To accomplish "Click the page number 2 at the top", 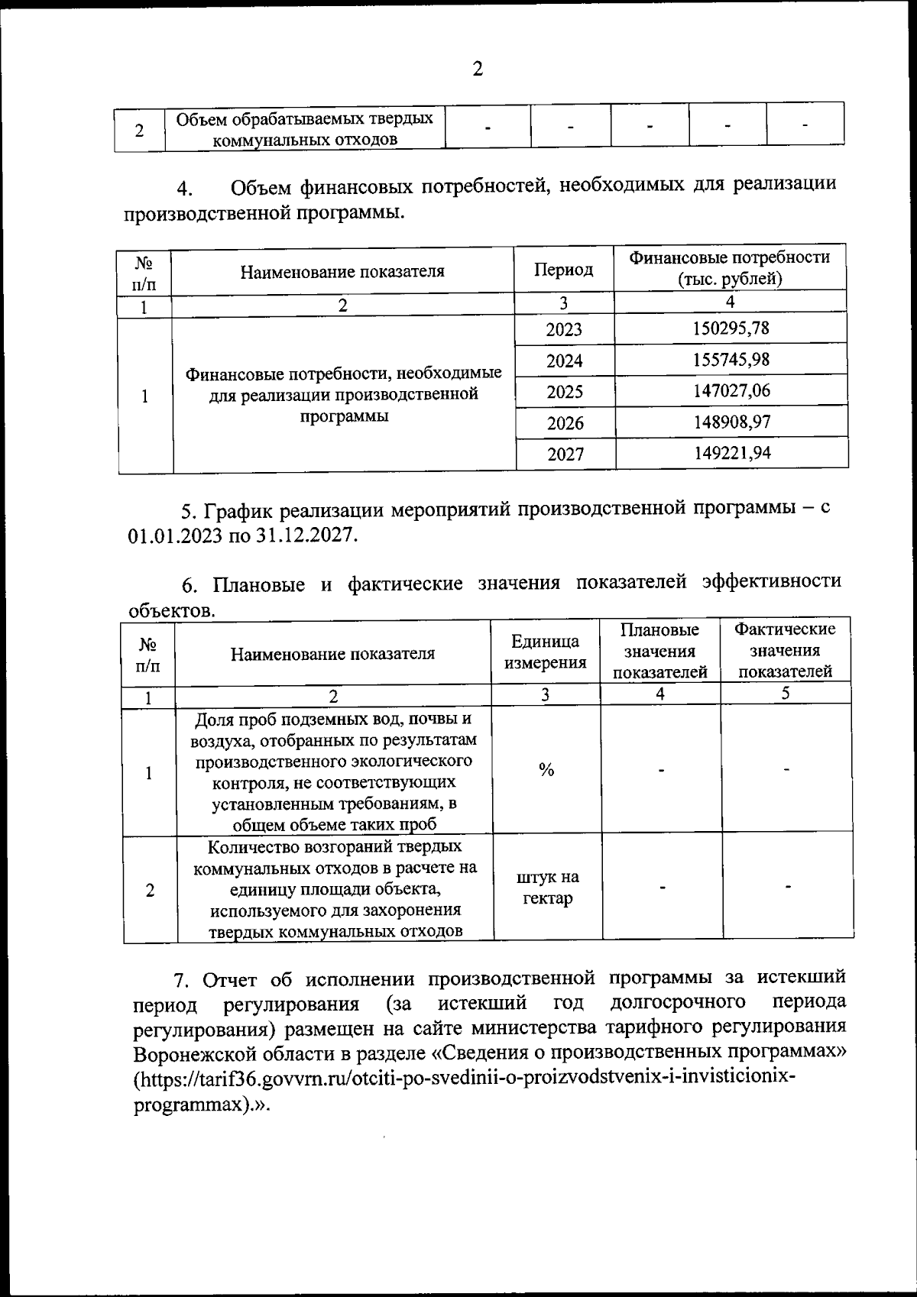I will coord(478,70).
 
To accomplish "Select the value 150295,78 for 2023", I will coord(731,328).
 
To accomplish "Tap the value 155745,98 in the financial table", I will coord(731,360).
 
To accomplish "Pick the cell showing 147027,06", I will coord(731,391).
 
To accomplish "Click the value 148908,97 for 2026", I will coord(732,422).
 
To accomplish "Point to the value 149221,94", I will coord(732,453).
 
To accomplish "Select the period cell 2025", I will coord(565,392).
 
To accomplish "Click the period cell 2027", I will coord(565,454).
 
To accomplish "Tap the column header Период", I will coord(563,270).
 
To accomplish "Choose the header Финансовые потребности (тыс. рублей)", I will coord(730,268).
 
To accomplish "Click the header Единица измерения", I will coord(546,652).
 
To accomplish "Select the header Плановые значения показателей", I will coord(660,651).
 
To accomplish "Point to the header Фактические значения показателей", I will coord(785,650).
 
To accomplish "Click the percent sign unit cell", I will coord(546,770).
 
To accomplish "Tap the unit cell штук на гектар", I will coord(547,888).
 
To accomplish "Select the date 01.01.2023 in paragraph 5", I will coord(175,535).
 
